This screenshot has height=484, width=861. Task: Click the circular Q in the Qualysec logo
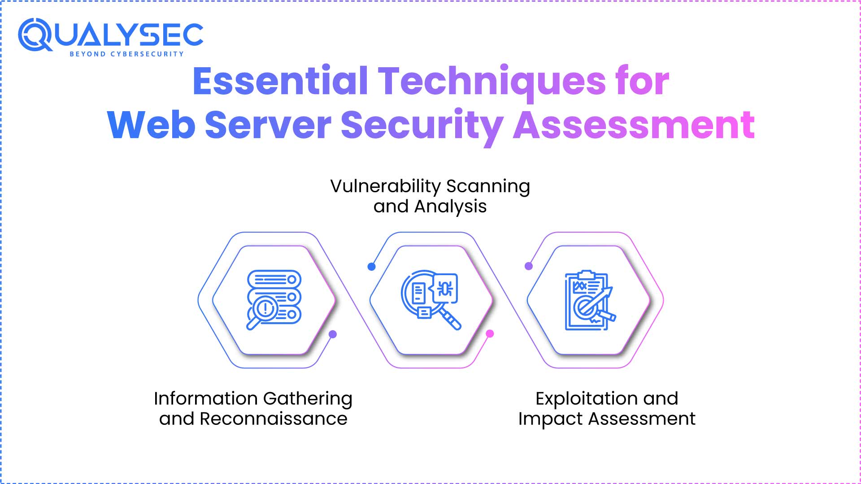[x=35, y=35]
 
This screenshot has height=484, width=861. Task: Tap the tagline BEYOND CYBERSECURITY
[x=126, y=54]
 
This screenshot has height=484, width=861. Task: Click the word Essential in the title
[x=280, y=82]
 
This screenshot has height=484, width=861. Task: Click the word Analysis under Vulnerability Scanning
[x=450, y=207]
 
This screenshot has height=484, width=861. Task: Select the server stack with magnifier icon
[x=274, y=300]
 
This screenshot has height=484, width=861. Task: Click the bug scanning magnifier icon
[x=431, y=300]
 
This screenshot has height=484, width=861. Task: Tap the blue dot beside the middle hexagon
[x=371, y=267]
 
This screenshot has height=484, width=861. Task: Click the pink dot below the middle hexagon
[x=490, y=333]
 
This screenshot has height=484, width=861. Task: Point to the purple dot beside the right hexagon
[x=529, y=266]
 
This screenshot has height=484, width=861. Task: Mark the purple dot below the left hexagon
[x=333, y=334]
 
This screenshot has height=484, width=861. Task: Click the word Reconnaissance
[x=273, y=419]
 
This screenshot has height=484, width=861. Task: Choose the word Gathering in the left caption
[x=308, y=399]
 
